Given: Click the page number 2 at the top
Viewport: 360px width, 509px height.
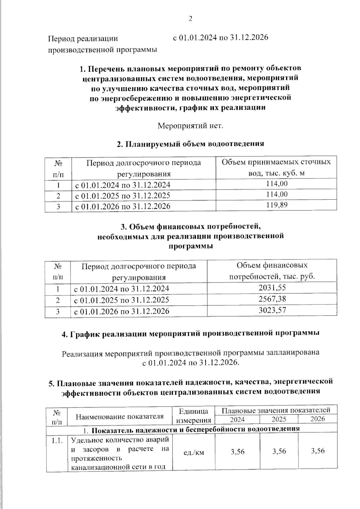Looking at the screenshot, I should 190,19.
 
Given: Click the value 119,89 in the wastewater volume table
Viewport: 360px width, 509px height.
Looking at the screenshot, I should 277,205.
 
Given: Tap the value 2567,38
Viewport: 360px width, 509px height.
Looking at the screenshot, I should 272,299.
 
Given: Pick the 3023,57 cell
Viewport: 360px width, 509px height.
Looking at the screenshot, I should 272,310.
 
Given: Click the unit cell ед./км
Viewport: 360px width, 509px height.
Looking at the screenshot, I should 193,452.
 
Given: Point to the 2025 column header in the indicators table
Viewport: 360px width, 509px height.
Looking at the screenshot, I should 279,419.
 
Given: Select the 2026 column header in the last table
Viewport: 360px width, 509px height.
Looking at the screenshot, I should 318,419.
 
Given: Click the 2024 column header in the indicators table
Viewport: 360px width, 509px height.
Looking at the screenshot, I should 237,419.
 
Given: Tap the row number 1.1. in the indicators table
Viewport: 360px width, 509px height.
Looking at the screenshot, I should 57,441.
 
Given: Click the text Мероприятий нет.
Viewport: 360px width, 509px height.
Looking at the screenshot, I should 190,125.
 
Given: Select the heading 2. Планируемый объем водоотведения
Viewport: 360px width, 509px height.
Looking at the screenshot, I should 190,144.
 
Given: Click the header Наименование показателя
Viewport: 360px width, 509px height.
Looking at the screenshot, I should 119,416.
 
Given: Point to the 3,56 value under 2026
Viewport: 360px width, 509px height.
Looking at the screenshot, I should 318,451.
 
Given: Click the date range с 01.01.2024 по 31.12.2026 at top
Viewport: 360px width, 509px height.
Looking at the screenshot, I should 220,38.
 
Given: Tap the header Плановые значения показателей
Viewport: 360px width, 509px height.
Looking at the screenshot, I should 278,410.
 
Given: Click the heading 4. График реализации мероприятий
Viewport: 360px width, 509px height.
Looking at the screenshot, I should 190,334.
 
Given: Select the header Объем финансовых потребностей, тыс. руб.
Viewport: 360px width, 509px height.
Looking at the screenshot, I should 272,271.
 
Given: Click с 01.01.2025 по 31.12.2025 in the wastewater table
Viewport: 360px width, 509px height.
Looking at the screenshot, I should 122,196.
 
